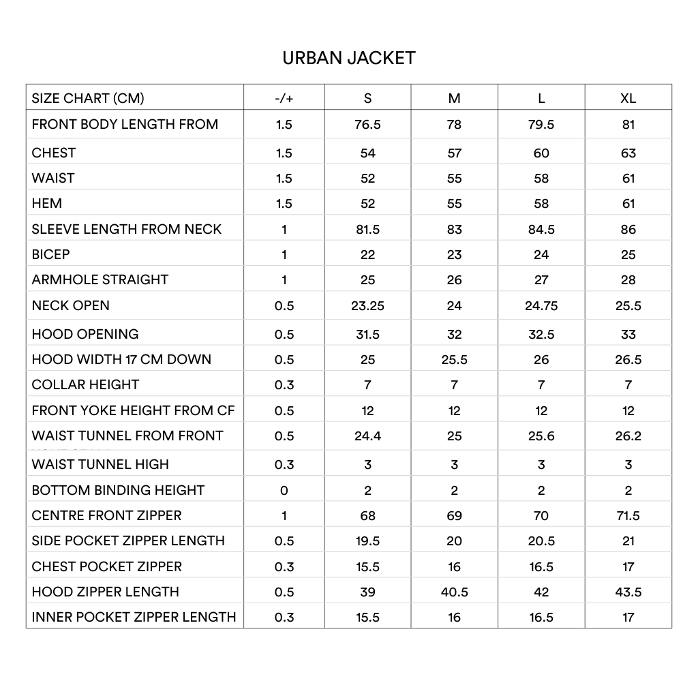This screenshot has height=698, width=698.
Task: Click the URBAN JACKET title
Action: (348, 58)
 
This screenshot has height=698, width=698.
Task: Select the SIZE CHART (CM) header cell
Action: (88, 98)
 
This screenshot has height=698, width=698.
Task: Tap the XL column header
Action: (628, 98)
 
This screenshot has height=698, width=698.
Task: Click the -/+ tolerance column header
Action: (284, 98)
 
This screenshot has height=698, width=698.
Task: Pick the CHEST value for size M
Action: (454, 153)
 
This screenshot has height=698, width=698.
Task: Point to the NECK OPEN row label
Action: (70, 305)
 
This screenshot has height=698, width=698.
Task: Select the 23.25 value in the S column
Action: (367, 306)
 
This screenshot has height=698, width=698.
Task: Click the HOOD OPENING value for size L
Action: (541, 335)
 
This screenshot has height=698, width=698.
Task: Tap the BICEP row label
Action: (50, 254)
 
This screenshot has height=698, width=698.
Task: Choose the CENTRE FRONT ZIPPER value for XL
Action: (628, 516)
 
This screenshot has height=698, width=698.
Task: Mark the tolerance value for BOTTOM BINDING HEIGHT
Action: (284, 491)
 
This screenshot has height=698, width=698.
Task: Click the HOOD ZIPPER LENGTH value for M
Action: (454, 592)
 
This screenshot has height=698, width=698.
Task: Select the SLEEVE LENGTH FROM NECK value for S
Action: (367, 230)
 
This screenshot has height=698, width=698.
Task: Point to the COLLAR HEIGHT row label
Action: (85, 384)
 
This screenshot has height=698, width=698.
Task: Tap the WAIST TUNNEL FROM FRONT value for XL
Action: (628, 436)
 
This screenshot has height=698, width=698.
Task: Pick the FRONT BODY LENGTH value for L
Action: (541, 125)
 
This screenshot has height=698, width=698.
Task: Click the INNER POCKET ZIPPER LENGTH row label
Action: (134, 617)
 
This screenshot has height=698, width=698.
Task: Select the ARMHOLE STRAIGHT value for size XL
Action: (628, 280)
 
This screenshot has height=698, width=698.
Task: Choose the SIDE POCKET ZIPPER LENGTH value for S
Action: (367, 541)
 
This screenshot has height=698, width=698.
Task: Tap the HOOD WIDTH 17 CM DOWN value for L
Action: (541, 360)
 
